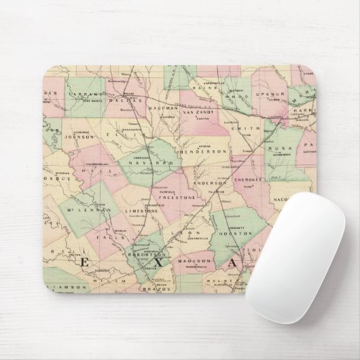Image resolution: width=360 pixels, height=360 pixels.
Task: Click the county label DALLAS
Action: (128, 99)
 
